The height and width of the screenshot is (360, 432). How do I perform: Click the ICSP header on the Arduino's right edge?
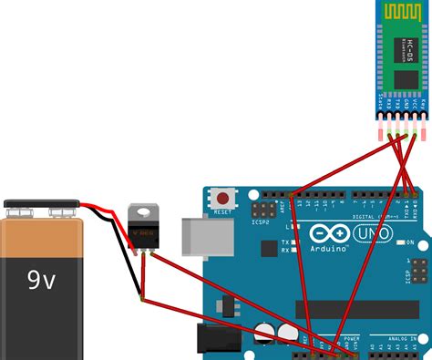tap(414, 273)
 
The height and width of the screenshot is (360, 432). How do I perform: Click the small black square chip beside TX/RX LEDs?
tap(267, 248)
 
